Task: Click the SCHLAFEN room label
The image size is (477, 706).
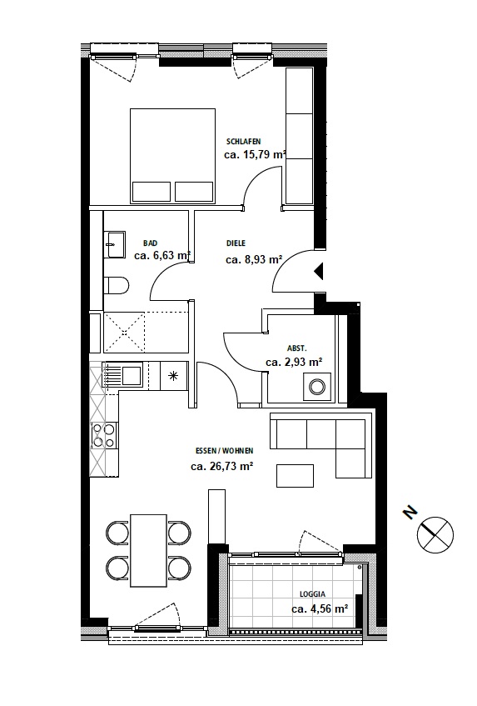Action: (x=243, y=142)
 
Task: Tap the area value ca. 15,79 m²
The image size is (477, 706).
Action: (x=255, y=155)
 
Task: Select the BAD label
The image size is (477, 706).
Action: (x=150, y=243)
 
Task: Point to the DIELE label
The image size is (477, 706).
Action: (x=236, y=243)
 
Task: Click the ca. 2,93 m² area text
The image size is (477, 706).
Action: (x=294, y=362)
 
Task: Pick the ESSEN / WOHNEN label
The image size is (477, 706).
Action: (x=224, y=451)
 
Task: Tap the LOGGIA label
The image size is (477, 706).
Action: (x=312, y=594)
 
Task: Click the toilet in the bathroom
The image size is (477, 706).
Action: (x=117, y=285)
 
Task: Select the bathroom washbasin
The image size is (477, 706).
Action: (x=115, y=244)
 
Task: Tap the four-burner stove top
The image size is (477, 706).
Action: (x=104, y=436)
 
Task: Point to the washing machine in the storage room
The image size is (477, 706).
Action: (x=317, y=387)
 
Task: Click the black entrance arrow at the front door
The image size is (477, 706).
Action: (x=319, y=272)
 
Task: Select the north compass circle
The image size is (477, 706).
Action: (x=435, y=534)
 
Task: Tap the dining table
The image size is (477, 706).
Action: (x=148, y=551)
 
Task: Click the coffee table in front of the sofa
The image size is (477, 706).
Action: (x=295, y=476)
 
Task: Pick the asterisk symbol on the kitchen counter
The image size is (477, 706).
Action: (x=173, y=376)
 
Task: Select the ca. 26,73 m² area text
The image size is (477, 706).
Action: (x=221, y=467)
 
